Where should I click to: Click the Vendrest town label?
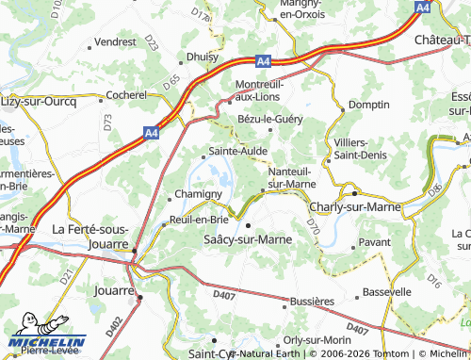(115, 42)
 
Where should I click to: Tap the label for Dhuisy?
(202, 57)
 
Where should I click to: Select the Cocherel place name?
(126, 95)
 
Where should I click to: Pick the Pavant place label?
(374, 242)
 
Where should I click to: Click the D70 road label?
(314, 226)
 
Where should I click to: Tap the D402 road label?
(114, 325)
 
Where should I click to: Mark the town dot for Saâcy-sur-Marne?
(248, 226)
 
